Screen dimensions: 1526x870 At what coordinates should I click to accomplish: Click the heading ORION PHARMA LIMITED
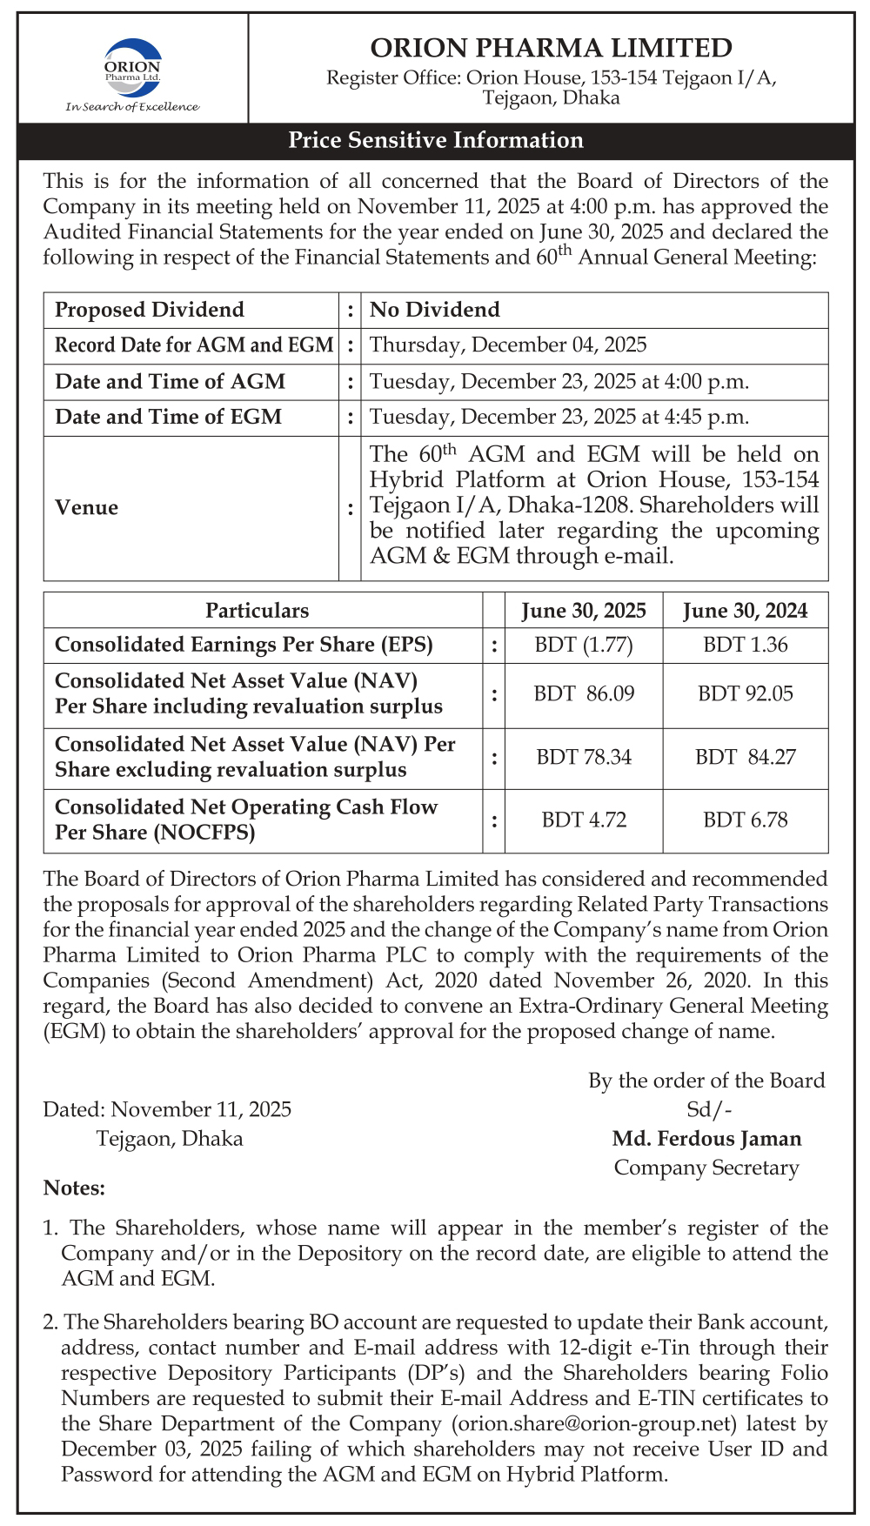click(x=551, y=47)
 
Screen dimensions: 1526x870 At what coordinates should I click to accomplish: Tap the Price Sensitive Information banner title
click(x=435, y=140)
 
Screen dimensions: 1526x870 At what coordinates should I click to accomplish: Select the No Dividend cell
click(x=435, y=310)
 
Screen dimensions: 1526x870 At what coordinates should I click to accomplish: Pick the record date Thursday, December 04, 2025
click(x=508, y=345)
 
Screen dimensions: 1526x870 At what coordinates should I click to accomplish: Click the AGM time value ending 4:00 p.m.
click(x=559, y=381)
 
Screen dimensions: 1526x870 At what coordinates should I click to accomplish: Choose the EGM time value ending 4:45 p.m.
click(x=559, y=417)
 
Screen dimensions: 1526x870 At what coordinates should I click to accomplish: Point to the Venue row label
click(x=86, y=507)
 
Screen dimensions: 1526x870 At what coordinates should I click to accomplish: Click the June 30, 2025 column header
click(x=583, y=611)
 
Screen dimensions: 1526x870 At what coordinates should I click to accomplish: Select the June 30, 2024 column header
click(x=745, y=611)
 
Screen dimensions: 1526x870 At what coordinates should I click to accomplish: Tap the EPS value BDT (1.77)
click(x=583, y=646)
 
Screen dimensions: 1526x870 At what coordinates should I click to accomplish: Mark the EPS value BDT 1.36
click(x=745, y=646)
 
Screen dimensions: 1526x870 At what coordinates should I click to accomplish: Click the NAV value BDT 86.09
click(x=583, y=694)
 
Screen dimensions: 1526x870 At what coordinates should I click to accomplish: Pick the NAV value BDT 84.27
click(x=745, y=757)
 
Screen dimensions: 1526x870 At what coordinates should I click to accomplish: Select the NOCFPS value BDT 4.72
click(x=583, y=820)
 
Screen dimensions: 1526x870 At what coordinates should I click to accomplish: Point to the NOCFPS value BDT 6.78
click(x=745, y=820)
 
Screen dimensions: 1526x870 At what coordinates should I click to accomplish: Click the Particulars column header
click(x=257, y=611)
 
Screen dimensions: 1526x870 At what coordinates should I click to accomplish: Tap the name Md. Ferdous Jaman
click(x=706, y=1138)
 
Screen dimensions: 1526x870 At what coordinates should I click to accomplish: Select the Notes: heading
click(x=74, y=1188)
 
